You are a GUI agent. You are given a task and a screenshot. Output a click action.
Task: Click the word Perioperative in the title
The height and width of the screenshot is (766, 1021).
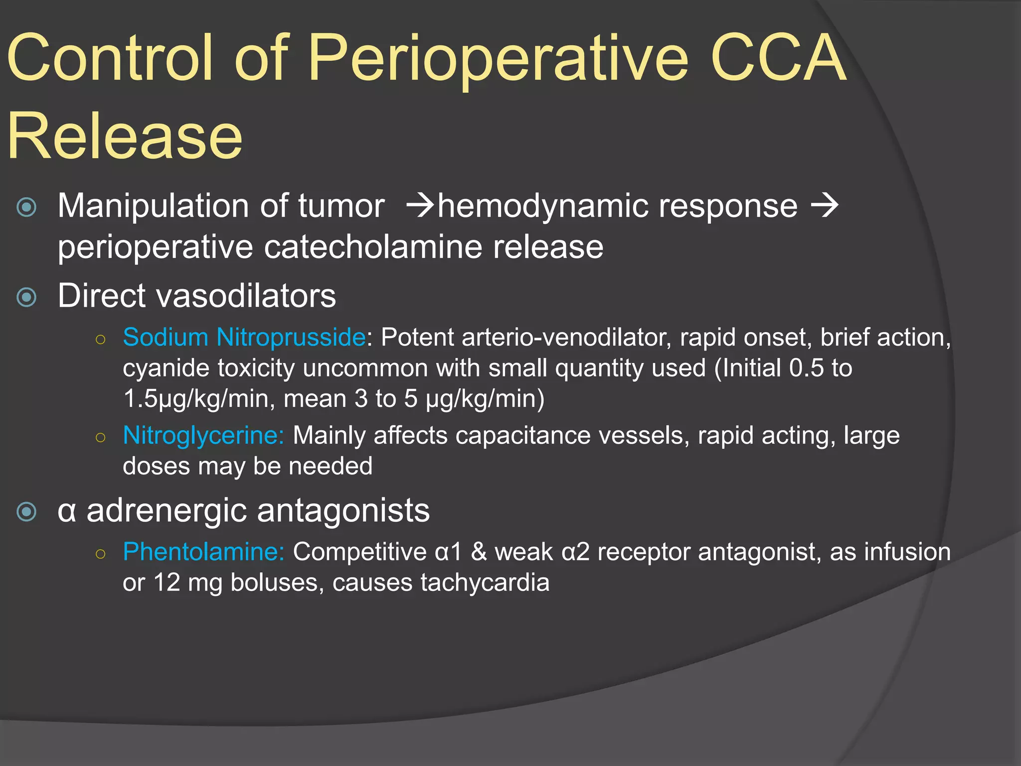pos(499,59)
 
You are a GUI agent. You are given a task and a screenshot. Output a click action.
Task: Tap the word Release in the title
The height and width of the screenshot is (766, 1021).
pos(125,137)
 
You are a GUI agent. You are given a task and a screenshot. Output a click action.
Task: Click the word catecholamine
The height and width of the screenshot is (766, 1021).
pos(372,247)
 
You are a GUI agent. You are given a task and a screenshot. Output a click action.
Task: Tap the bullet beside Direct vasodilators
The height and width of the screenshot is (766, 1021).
pos(26,297)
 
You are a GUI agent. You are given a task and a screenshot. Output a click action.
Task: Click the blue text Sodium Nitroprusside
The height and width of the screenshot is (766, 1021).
pos(244,338)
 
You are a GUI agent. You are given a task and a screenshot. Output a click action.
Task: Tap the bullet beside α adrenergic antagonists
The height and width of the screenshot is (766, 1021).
pos(26,512)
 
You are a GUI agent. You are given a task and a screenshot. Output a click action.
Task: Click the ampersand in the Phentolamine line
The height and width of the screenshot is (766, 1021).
pos(479,552)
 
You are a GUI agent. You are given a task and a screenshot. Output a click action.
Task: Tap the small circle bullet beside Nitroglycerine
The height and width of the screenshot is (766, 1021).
pos(100,438)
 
